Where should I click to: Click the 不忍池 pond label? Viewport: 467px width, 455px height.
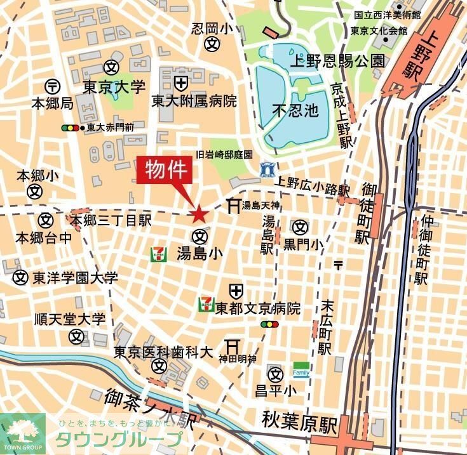tap(295, 110)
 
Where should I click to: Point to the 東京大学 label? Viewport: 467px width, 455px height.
tap(114, 87)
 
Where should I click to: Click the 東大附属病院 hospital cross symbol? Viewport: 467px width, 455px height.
tap(181, 82)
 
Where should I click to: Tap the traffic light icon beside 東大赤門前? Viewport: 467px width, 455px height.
tap(71, 128)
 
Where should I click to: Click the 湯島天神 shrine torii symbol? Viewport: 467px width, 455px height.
tap(232, 204)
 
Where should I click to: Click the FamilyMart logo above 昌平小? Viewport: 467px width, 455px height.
tap(301, 369)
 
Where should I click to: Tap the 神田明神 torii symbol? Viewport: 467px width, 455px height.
tap(233, 346)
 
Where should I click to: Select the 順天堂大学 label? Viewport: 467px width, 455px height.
tap(70, 319)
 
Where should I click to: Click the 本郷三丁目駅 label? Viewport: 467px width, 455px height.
tap(111, 220)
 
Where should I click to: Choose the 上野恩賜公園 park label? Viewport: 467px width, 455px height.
tap(337, 61)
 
